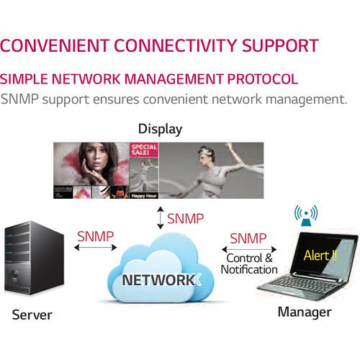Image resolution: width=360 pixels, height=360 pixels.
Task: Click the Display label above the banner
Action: tap(160, 130)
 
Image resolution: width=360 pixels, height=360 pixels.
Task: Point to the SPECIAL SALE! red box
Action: tap(143, 153)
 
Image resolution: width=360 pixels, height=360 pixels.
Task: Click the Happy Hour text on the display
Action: tap(143, 195)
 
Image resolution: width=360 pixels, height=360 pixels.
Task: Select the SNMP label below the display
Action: tap(184, 218)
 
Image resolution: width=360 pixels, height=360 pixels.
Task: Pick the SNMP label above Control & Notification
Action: tap(248, 238)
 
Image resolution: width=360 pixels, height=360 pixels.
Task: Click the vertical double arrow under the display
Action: tap(160, 218)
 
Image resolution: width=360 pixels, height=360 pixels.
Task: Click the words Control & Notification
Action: tap(249, 264)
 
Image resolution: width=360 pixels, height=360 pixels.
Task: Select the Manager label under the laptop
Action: tap(304, 312)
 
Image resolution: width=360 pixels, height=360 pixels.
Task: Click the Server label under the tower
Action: tap(32, 315)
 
